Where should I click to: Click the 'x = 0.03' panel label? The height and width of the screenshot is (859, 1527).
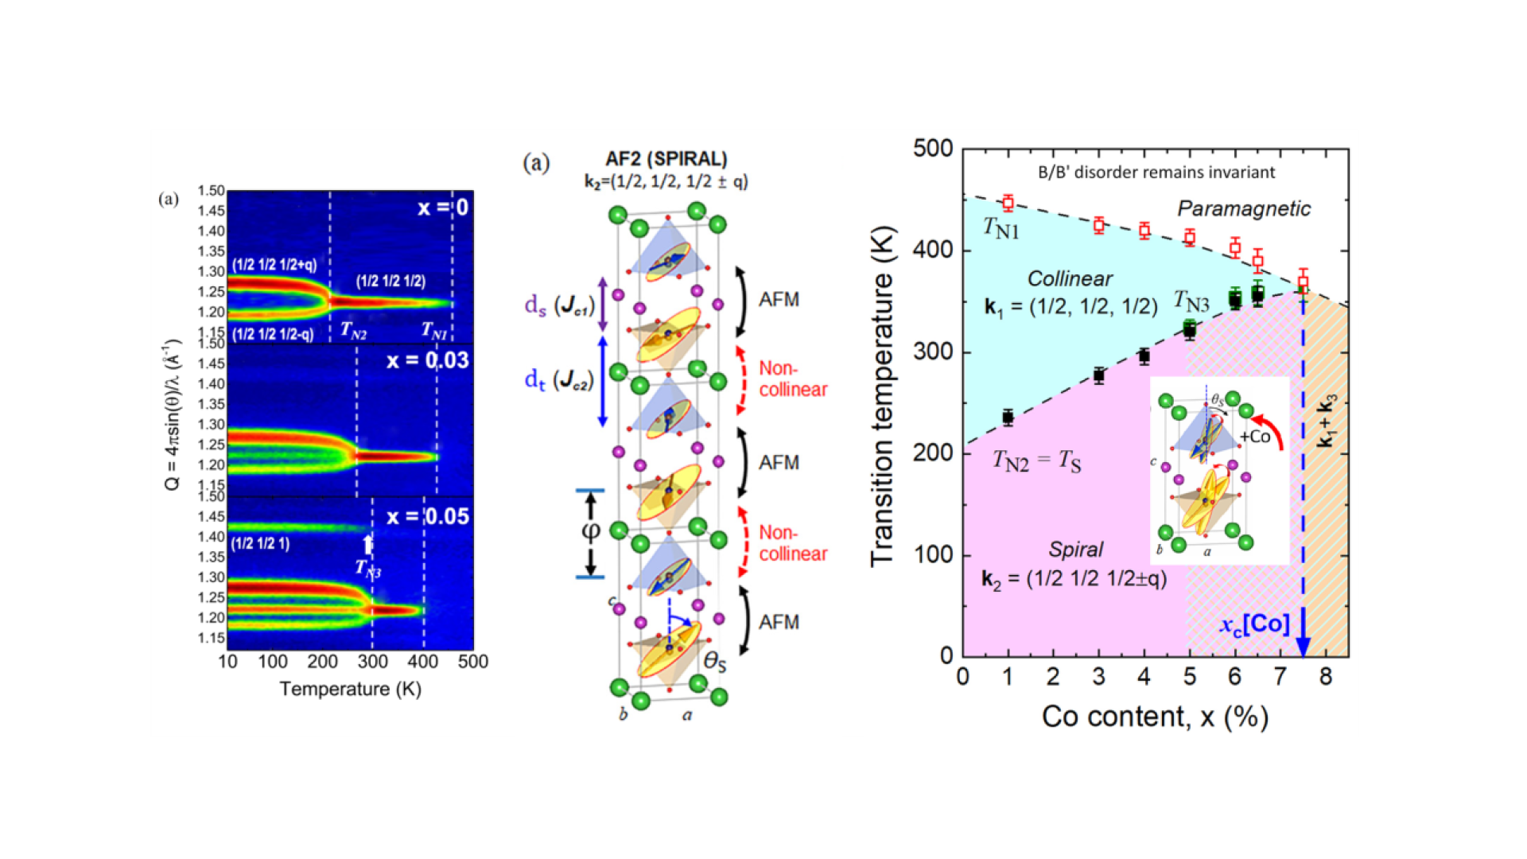427,360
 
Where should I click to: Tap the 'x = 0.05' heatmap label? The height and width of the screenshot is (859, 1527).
427,516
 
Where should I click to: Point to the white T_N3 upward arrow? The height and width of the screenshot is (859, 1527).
367,544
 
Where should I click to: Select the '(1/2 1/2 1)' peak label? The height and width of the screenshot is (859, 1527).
260,543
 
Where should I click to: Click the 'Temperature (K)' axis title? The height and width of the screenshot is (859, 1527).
350,689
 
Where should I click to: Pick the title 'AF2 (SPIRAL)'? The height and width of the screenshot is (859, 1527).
666,158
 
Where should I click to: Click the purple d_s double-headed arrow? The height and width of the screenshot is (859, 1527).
602,305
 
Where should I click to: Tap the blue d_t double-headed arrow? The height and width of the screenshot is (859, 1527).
602,381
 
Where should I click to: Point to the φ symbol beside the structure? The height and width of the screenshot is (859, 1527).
590,531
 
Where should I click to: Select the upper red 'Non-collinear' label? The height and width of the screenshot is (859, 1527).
792,379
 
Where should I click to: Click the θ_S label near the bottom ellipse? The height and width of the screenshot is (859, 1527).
715,661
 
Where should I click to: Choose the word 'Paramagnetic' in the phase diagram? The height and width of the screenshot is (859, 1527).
1244,208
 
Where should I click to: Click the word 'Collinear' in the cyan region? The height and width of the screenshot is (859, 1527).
1070,278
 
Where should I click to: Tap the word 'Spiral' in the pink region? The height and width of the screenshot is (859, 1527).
1075,550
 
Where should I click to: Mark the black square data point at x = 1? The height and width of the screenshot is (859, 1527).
1008,418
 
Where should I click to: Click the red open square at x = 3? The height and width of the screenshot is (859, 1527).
1098,225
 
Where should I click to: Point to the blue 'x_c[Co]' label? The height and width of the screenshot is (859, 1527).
1255,624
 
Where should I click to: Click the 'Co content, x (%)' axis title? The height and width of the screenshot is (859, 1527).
1155,717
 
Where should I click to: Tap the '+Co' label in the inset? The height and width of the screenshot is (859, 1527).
1255,436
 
